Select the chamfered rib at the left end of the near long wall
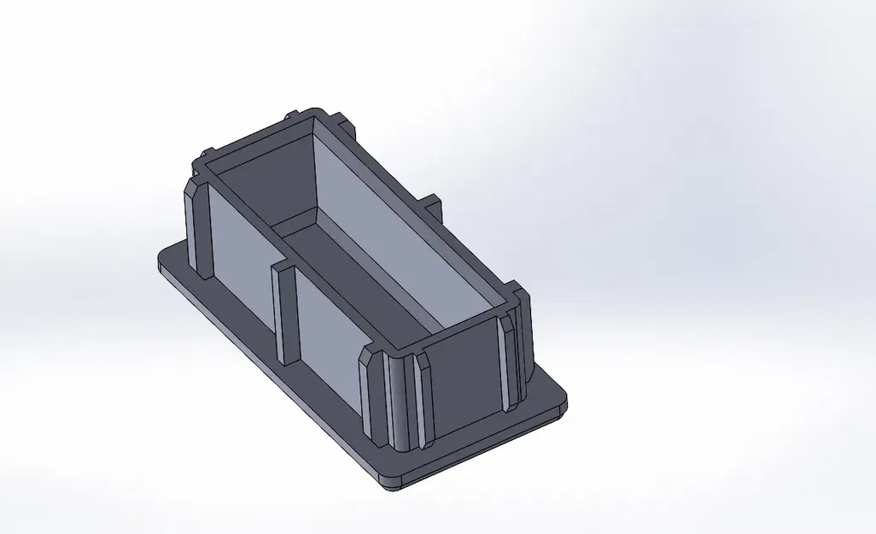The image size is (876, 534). pyautogui.click(x=198, y=226)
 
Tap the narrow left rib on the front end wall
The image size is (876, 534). pyautogui.click(x=421, y=402)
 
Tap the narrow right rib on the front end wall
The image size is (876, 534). pyautogui.click(x=510, y=363)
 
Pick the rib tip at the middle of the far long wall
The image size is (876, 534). pyautogui.click(x=430, y=204)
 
